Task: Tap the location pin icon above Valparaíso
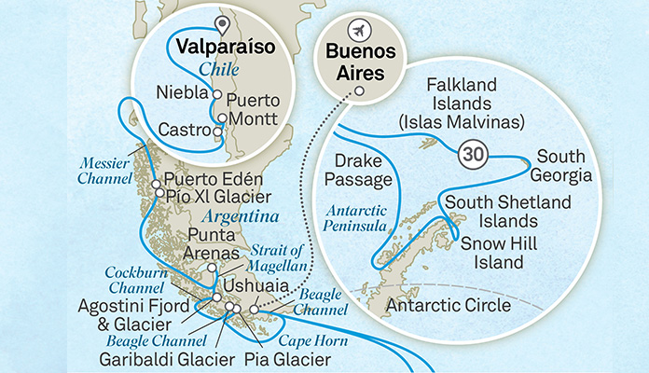221,25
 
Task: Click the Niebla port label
183,94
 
